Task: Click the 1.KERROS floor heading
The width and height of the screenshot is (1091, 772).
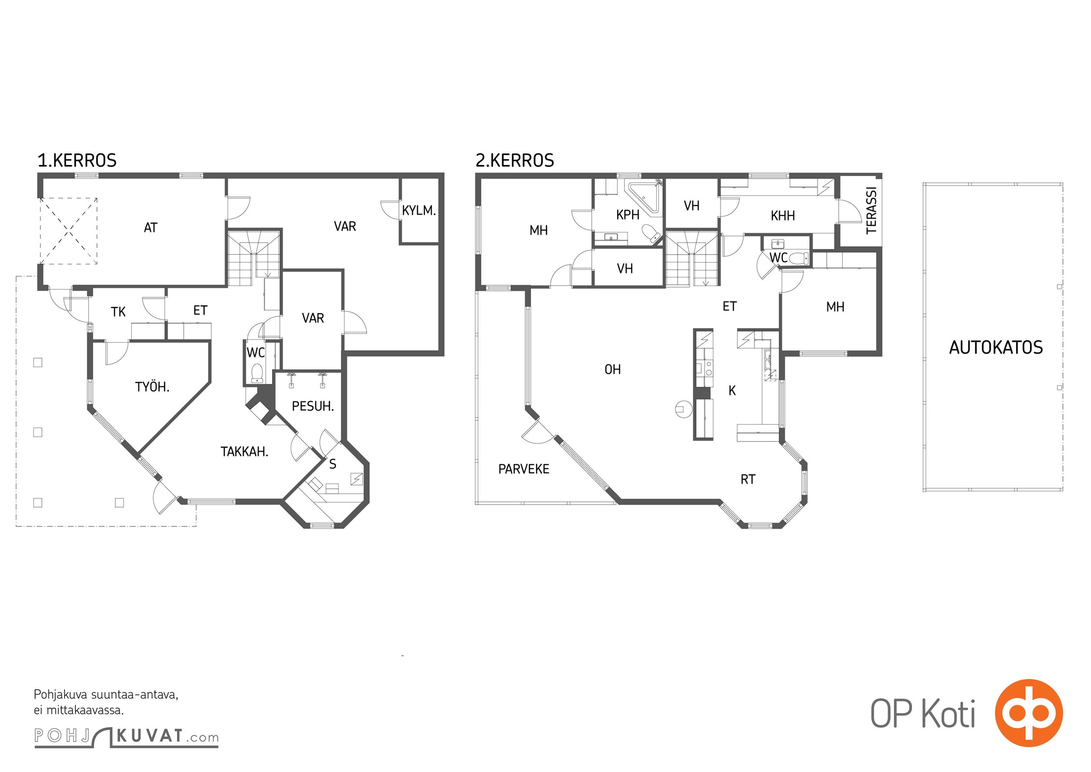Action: pyautogui.click(x=77, y=160)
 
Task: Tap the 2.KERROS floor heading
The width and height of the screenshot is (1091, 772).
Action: pyautogui.click(x=515, y=160)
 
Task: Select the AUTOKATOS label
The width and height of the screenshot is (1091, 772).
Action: pyautogui.click(x=996, y=347)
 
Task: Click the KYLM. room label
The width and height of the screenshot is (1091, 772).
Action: pyautogui.click(x=419, y=210)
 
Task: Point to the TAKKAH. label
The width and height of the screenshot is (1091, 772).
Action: pyautogui.click(x=245, y=452)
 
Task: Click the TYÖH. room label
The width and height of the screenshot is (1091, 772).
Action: pyautogui.click(x=152, y=386)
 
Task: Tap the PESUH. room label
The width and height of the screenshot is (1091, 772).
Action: pyautogui.click(x=313, y=406)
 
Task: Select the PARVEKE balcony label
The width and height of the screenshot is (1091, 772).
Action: pyautogui.click(x=524, y=469)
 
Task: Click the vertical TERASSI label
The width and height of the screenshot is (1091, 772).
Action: pyautogui.click(x=871, y=210)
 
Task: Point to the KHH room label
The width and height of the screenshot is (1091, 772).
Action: pyautogui.click(x=783, y=216)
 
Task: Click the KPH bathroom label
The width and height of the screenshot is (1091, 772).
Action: pyautogui.click(x=628, y=215)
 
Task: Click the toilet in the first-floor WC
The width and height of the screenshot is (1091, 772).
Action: pyautogui.click(x=257, y=373)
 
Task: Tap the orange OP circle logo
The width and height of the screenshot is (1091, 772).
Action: pyautogui.click(x=1029, y=713)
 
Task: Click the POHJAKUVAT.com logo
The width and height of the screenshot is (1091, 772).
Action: pyautogui.click(x=126, y=737)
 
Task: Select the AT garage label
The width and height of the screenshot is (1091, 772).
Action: pyautogui.click(x=150, y=228)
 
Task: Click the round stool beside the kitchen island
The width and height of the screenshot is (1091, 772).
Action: pyautogui.click(x=683, y=410)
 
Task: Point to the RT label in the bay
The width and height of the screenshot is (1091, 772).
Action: pyautogui.click(x=748, y=479)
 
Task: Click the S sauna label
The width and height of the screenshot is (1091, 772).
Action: pyautogui.click(x=333, y=464)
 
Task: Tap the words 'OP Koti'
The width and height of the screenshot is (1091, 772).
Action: pyautogui.click(x=923, y=713)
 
